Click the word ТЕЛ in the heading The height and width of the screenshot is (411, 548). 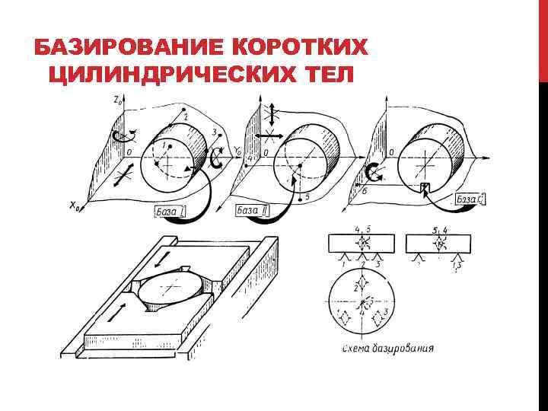click(323, 75)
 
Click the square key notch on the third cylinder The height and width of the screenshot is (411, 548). click(425, 187)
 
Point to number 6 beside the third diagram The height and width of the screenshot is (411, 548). click(364, 191)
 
